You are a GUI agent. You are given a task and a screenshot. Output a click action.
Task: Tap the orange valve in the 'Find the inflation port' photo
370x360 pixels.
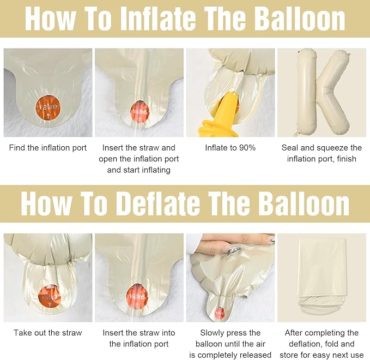point(48,108)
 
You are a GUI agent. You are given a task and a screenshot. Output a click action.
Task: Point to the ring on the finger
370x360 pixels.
point(234,249)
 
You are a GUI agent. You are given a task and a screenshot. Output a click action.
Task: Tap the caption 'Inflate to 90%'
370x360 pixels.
point(231,148)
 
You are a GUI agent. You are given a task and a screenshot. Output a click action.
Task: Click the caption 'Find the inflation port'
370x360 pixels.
point(48,148)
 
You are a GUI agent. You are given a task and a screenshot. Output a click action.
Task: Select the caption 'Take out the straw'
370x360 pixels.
point(48,333)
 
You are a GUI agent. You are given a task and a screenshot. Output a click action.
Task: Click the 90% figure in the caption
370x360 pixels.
point(247,148)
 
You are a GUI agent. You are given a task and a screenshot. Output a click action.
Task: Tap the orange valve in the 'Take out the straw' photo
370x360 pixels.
point(50,297)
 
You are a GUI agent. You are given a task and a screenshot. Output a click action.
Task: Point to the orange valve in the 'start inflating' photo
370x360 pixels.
point(140,112)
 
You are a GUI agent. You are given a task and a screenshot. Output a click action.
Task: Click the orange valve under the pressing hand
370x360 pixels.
point(220,313)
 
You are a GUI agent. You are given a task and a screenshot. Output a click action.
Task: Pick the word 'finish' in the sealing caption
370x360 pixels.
point(347,159)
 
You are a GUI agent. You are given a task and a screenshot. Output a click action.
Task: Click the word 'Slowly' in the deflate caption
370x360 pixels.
point(211,333)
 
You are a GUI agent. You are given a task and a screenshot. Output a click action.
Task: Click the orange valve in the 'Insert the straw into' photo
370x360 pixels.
point(137,297)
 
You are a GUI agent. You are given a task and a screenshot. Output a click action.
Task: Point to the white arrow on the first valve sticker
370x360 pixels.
point(48,116)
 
